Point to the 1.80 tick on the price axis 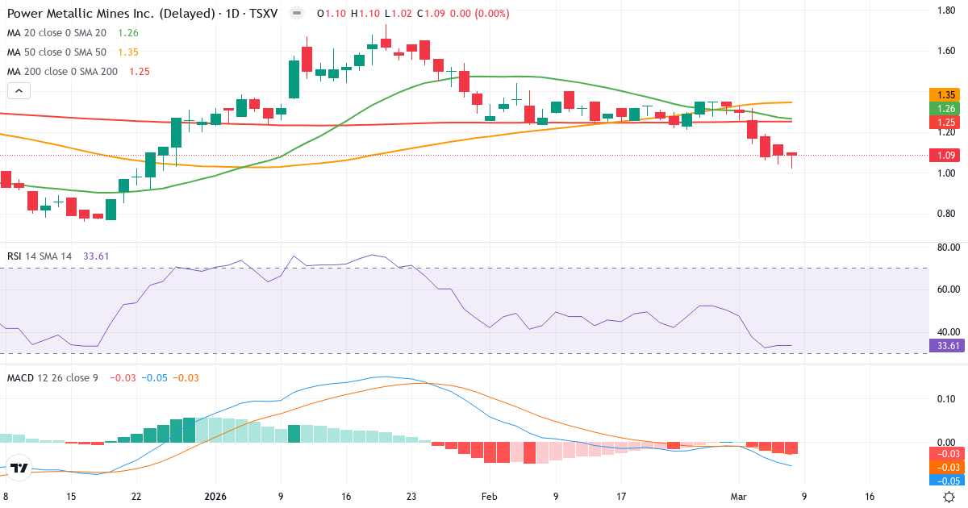pos(946,10)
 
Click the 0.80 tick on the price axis pos(946,214)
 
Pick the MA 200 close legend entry pos(60,71)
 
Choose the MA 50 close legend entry pos(57,52)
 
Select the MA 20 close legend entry pos(57,33)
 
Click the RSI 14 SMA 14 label pos(40,256)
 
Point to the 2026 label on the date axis pos(216,497)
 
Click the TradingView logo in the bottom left pos(19,468)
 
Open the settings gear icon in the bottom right pos(949,497)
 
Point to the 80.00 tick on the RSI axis pos(946,248)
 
